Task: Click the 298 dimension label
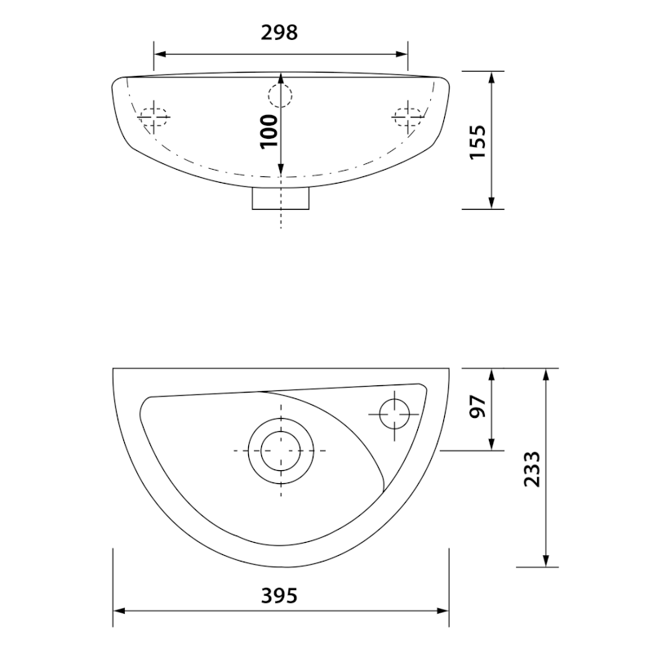[x=279, y=33]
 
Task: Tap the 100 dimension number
[x=269, y=131]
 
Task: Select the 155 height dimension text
[x=478, y=141]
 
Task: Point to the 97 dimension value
[x=478, y=406]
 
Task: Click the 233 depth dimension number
[x=532, y=469]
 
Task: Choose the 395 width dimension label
[x=279, y=596]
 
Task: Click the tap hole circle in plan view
[x=394, y=414]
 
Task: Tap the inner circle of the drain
[x=281, y=451]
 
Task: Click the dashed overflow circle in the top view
[x=280, y=96]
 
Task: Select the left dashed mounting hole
[x=153, y=117]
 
